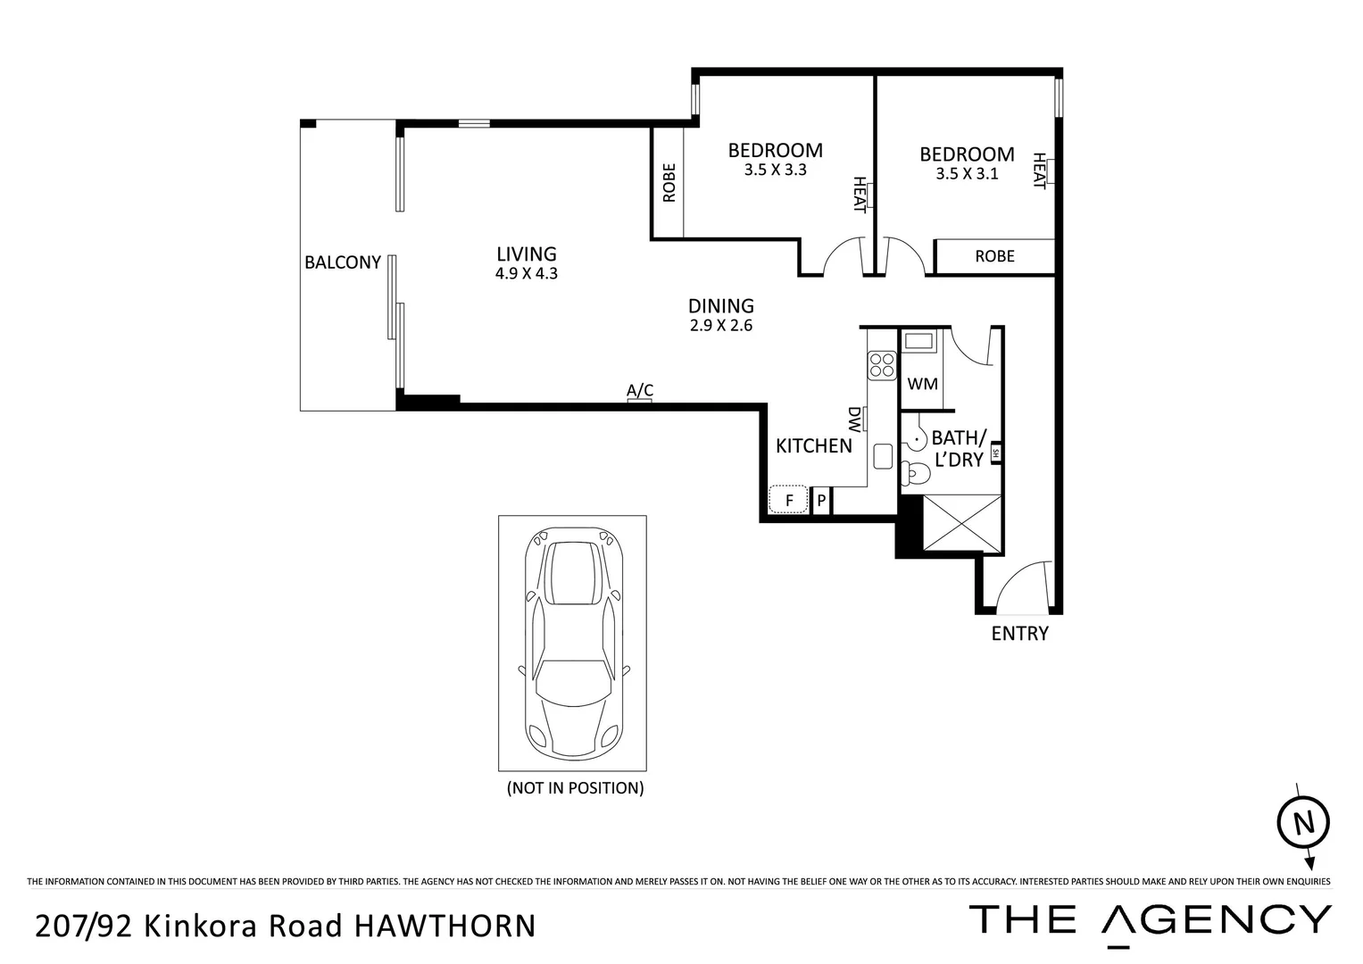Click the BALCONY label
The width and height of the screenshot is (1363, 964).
click(343, 262)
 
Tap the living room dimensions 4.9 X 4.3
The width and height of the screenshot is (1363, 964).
click(527, 274)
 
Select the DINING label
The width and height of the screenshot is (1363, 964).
click(721, 306)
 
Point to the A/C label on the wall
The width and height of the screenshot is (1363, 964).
click(640, 391)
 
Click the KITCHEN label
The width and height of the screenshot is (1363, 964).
click(813, 445)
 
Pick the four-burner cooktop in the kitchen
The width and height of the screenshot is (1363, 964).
click(882, 365)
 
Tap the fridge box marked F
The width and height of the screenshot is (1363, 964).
click(789, 501)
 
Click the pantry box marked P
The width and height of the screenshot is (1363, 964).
click(821, 501)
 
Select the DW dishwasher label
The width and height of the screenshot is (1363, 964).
click(854, 418)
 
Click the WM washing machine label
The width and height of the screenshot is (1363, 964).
click(922, 384)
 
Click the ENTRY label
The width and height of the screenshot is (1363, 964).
click(1019, 634)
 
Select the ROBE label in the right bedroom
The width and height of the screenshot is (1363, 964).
click(994, 256)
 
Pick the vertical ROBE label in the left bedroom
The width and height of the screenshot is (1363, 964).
click(669, 183)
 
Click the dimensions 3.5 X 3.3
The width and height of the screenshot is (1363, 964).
click(775, 170)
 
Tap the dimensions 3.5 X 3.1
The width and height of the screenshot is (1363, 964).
click(967, 174)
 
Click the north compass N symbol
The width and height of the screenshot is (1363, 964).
click(1304, 822)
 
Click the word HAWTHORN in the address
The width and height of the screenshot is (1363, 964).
click(445, 926)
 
